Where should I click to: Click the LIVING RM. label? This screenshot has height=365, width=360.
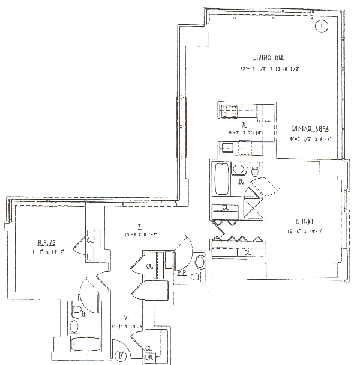coord(264,58)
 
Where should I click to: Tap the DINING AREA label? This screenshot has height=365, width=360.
coord(310,129)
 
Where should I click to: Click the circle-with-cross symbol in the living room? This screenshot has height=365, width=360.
coord(322,26)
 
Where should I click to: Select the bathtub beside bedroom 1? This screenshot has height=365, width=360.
coord(221,179)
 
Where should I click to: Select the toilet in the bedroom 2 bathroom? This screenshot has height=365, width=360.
coord(77,311)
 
